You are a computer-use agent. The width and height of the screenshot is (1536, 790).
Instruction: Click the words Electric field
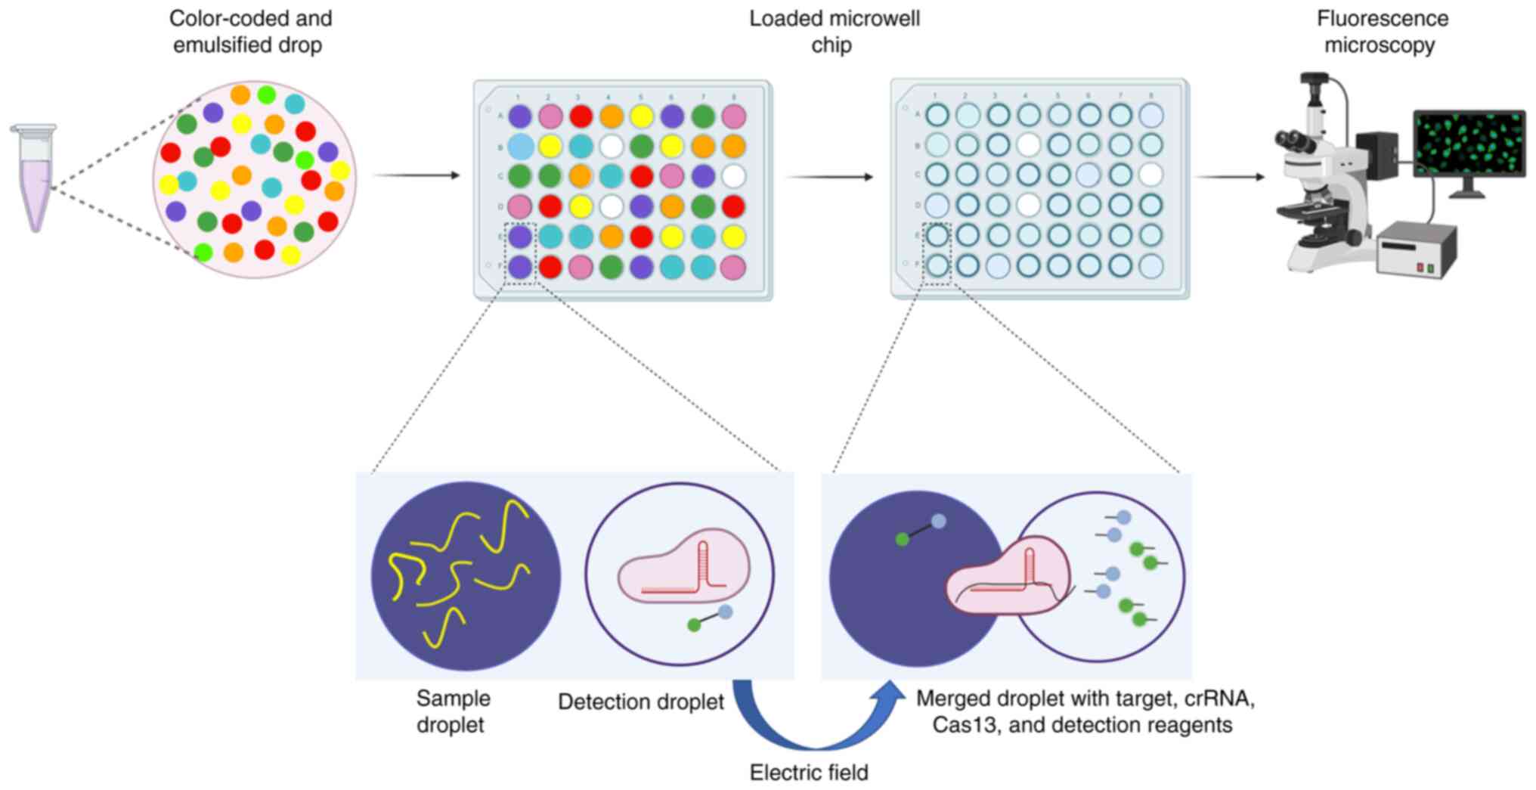tap(808, 773)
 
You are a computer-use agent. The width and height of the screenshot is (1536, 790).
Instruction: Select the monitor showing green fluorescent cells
tap(1469, 143)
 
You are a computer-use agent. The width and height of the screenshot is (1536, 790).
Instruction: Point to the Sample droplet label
tap(453, 711)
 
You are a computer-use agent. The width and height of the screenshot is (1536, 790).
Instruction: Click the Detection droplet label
tap(640, 702)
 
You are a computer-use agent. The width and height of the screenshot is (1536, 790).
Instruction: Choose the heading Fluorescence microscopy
tap(1382, 32)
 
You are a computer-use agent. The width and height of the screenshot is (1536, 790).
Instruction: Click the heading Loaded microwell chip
tap(834, 32)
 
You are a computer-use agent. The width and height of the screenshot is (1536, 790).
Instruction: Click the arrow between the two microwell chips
tap(829, 177)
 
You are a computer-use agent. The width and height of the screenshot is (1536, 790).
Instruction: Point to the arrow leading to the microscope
tap(1229, 177)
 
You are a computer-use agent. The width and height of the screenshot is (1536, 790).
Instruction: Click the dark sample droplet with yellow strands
tap(466, 576)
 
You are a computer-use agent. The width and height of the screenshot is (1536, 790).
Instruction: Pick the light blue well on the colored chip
tap(520, 146)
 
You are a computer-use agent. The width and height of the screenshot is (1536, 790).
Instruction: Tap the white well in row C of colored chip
tap(733, 176)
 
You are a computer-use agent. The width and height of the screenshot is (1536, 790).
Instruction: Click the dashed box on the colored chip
tap(520, 252)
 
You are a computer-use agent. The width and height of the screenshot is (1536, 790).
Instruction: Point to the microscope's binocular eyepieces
tap(1291, 140)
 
